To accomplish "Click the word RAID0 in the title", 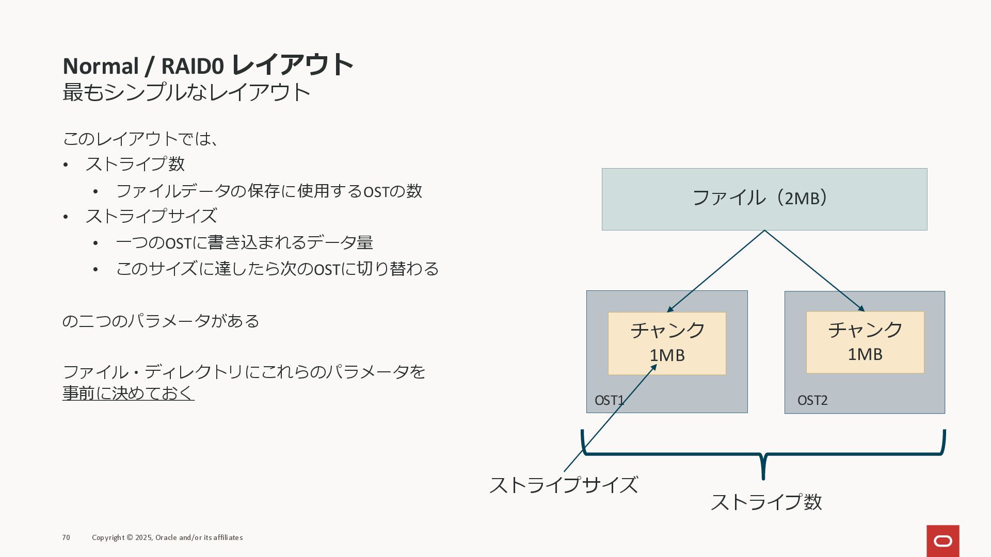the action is (193, 67).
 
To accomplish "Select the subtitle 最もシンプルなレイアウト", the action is (186, 92).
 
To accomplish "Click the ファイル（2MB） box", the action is (764, 199).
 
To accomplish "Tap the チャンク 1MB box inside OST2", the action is (865, 342).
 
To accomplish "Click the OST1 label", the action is (609, 400).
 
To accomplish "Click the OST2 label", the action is (812, 400).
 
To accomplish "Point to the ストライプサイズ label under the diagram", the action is (563, 485).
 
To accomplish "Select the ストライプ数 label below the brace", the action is (766, 502).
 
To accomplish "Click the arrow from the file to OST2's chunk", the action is (814, 271).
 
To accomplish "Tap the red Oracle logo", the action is (942, 541).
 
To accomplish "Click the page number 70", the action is (66, 537).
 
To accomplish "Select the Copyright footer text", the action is (167, 537).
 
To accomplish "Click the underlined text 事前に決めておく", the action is (128, 393).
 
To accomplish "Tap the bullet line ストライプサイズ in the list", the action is (151, 216).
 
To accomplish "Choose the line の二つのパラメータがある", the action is (161, 321).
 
